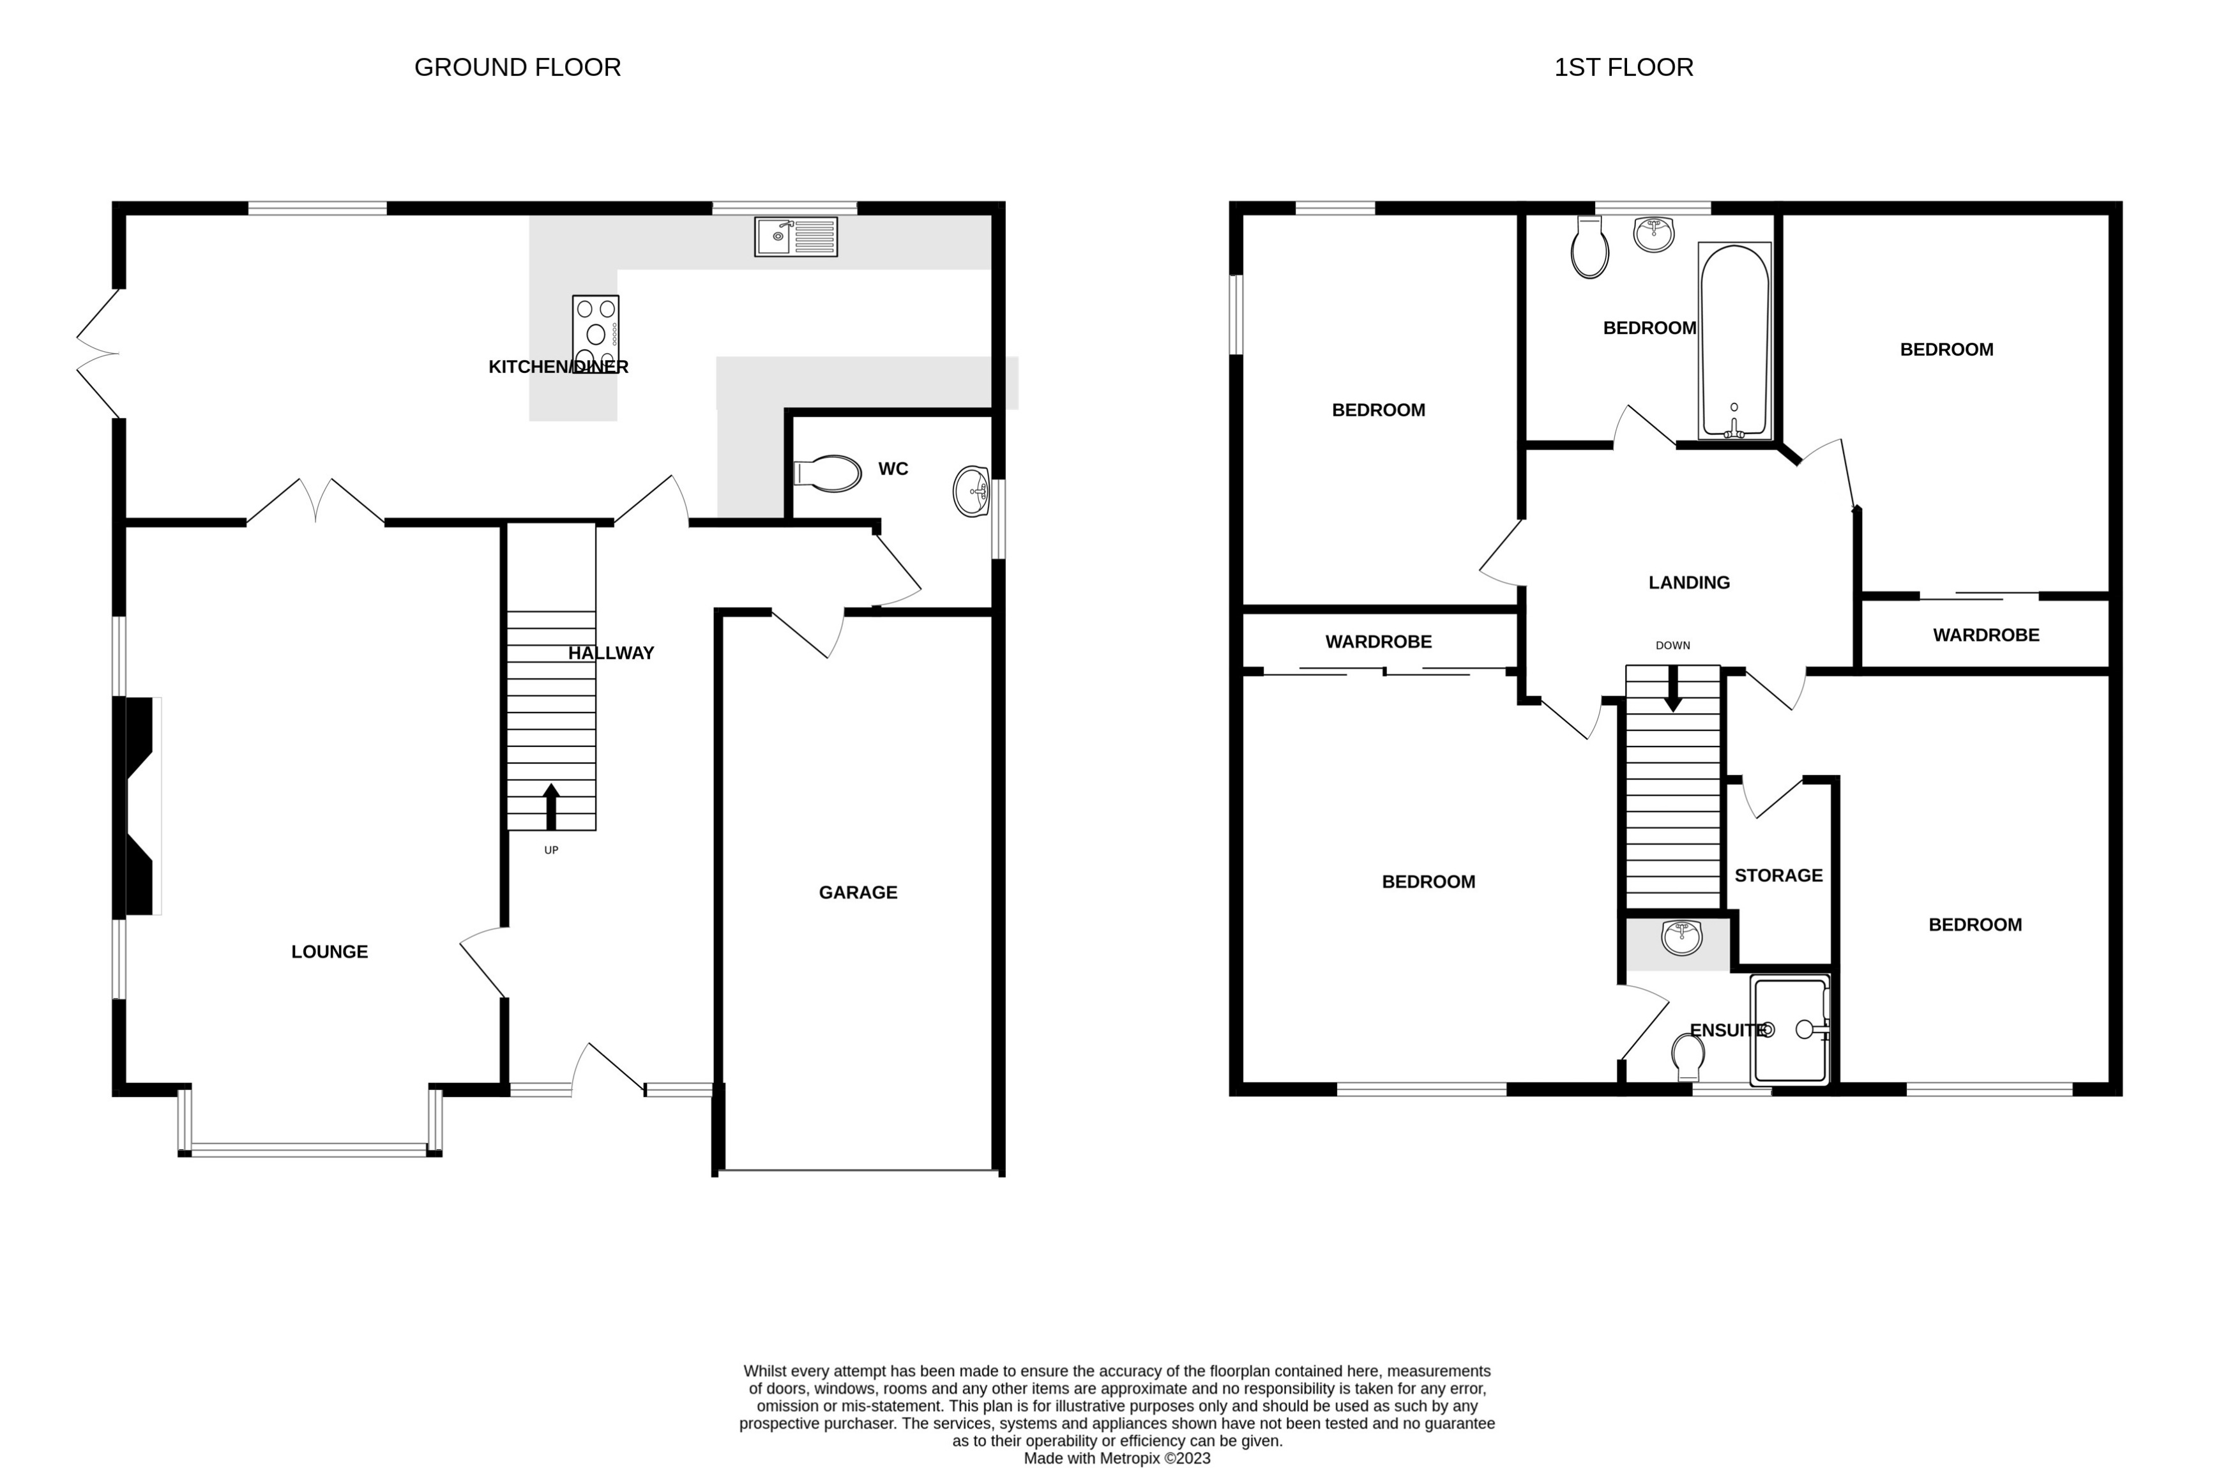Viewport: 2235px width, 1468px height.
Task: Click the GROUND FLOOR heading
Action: pos(517,68)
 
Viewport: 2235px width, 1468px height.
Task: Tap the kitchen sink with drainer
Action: pos(796,237)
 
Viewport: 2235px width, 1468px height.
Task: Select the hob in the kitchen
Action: pos(595,333)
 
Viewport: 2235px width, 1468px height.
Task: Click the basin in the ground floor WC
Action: pos(971,491)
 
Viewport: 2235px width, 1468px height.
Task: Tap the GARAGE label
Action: pos(858,892)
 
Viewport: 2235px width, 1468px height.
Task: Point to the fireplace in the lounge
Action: pos(141,805)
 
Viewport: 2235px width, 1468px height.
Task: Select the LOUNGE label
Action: pos(330,951)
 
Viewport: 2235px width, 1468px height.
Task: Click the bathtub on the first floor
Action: pos(1734,340)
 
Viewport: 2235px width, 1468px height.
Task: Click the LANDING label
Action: pos(1688,582)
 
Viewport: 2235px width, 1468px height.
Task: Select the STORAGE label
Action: pos(1778,875)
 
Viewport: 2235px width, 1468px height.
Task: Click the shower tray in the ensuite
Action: pos(1790,1031)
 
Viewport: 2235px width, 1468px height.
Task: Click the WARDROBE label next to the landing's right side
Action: pos(1985,635)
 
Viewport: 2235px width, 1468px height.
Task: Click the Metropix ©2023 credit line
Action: pos(1117,1458)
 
